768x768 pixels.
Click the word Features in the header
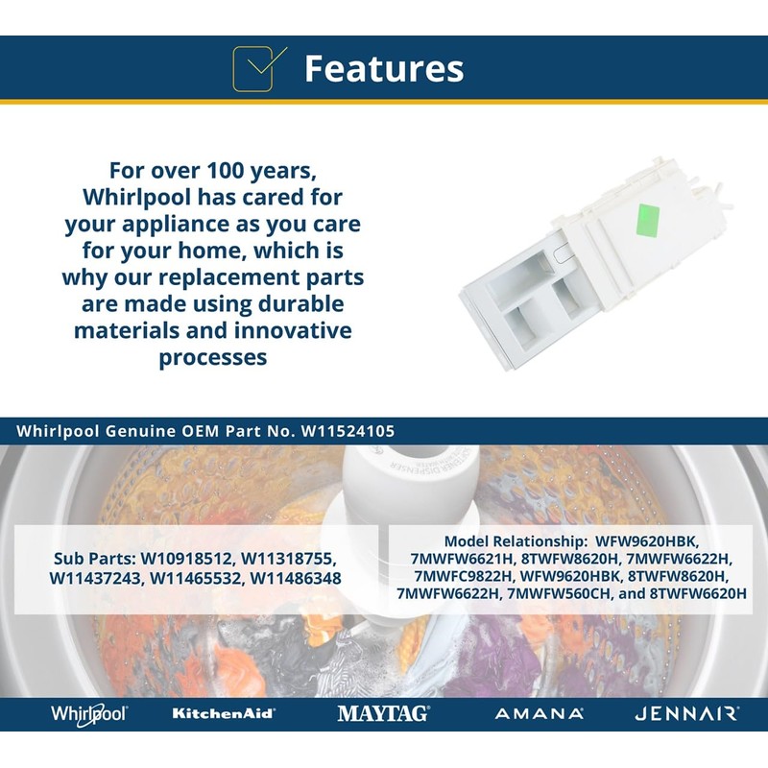click(x=384, y=68)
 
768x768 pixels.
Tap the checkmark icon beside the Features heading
click(x=258, y=68)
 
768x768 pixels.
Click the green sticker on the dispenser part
click(x=647, y=220)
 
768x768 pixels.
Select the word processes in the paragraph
click(x=213, y=357)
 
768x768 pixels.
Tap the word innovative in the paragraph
click(x=293, y=330)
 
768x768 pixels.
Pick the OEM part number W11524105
click(x=348, y=431)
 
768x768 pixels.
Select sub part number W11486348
click(x=296, y=579)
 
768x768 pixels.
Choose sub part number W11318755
click(x=288, y=559)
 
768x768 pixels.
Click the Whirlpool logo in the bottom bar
click(x=88, y=713)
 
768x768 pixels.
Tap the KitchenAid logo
click(x=224, y=713)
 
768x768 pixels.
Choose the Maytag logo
click(x=383, y=713)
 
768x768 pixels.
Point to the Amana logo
click(x=540, y=713)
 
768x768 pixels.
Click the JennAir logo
click(x=686, y=713)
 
